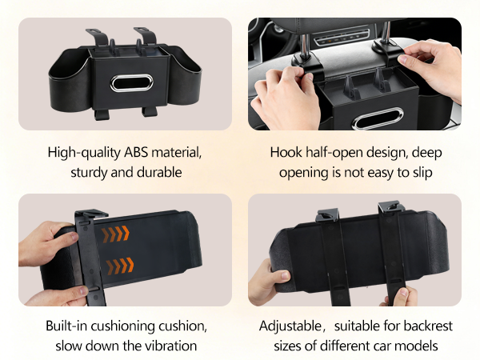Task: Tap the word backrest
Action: pyautogui.click(x=423, y=326)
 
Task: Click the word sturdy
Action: pyautogui.click(x=90, y=171)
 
